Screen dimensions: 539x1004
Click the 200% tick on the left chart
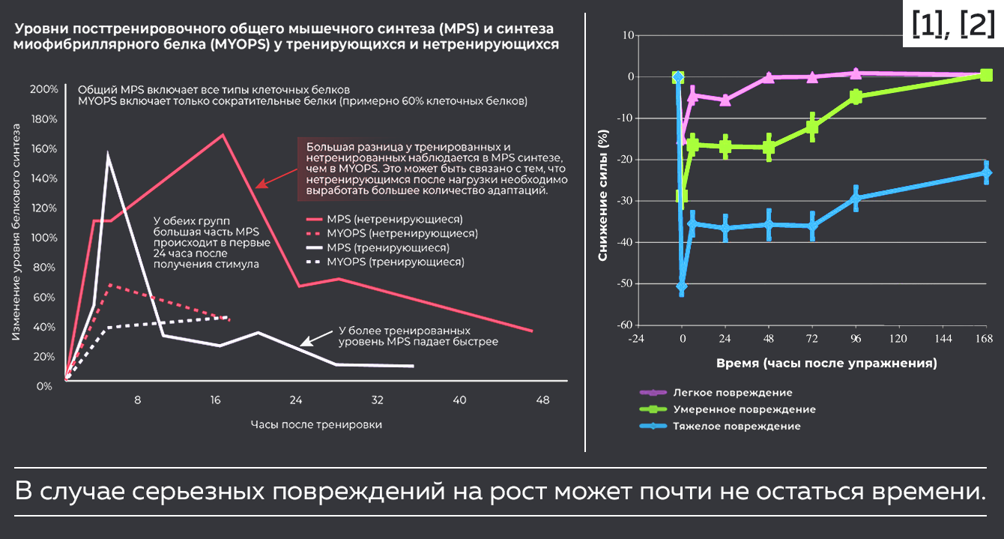coord(44,90)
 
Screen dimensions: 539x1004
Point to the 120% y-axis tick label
coord(44,208)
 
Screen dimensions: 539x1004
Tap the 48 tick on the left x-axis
coord(542,400)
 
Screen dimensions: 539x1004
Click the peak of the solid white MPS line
coord(108,155)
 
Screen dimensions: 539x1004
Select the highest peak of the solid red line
coord(223,135)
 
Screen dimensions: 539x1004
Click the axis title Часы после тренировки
coord(316,424)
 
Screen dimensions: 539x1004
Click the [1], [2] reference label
coord(952,24)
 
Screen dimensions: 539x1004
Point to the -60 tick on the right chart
coord(624,325)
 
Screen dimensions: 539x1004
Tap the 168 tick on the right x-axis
coord(986,339)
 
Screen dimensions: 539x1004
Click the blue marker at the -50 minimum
coord(681,286)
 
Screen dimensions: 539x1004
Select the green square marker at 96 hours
coord(856,97)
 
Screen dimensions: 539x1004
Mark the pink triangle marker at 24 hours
coord(725,100)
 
